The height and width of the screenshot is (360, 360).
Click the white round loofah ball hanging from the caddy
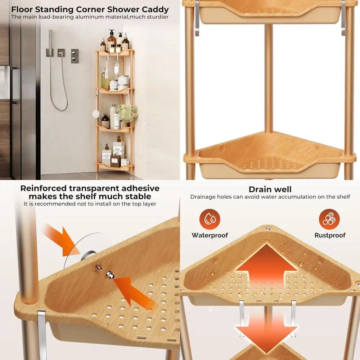pyautogui.click(x=96, y=114)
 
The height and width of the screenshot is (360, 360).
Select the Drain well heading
pyautogui.click(x=270, y=189)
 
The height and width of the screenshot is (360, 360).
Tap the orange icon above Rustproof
pyautogui.click(x=329, y=219)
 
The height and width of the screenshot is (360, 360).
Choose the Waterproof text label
pyautogui.click(x=210, y=235)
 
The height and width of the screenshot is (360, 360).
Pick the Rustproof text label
pyautogui.click(x=330, y=235)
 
